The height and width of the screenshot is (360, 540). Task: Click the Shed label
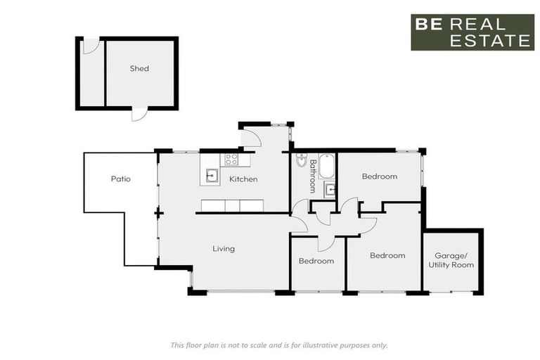pyautogui.click(x=139, y=69)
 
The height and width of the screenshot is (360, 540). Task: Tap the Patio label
pyautogui.click(x=121, y=179)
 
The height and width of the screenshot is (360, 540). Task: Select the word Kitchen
pyautogui.click(x=243, y=179)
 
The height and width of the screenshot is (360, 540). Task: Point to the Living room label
pyautogui.click(x=224, y=248)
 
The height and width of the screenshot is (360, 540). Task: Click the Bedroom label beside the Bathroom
pyautogui.click(x=380, y=176)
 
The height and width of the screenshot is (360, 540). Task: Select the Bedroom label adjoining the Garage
pyautogui.click(x=387, y=255)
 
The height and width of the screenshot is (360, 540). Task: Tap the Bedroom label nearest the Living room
pyautogui.click(x=316, y=261)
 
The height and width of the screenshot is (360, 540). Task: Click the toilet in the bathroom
pyautogui.click(x=301, y=159)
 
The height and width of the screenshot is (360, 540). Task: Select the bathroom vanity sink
pyautogui.click(x=330, y=189)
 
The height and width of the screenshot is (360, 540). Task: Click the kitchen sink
pyautogui.click(x=211, y=174)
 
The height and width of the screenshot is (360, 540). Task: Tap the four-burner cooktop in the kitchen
pyautogui.click(x=231, y=160)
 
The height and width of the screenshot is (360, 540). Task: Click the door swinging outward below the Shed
pyautogui.click(x=139, y=113)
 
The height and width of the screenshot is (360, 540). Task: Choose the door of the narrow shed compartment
pyautogui.click(x=91, y=46)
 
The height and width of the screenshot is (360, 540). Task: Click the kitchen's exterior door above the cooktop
pyautogui.click(x=250, y=137)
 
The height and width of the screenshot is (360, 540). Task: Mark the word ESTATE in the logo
pyautogui.click(x=491, y=41)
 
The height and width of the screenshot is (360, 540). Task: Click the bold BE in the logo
pyautogui.click(x=427, y=24)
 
